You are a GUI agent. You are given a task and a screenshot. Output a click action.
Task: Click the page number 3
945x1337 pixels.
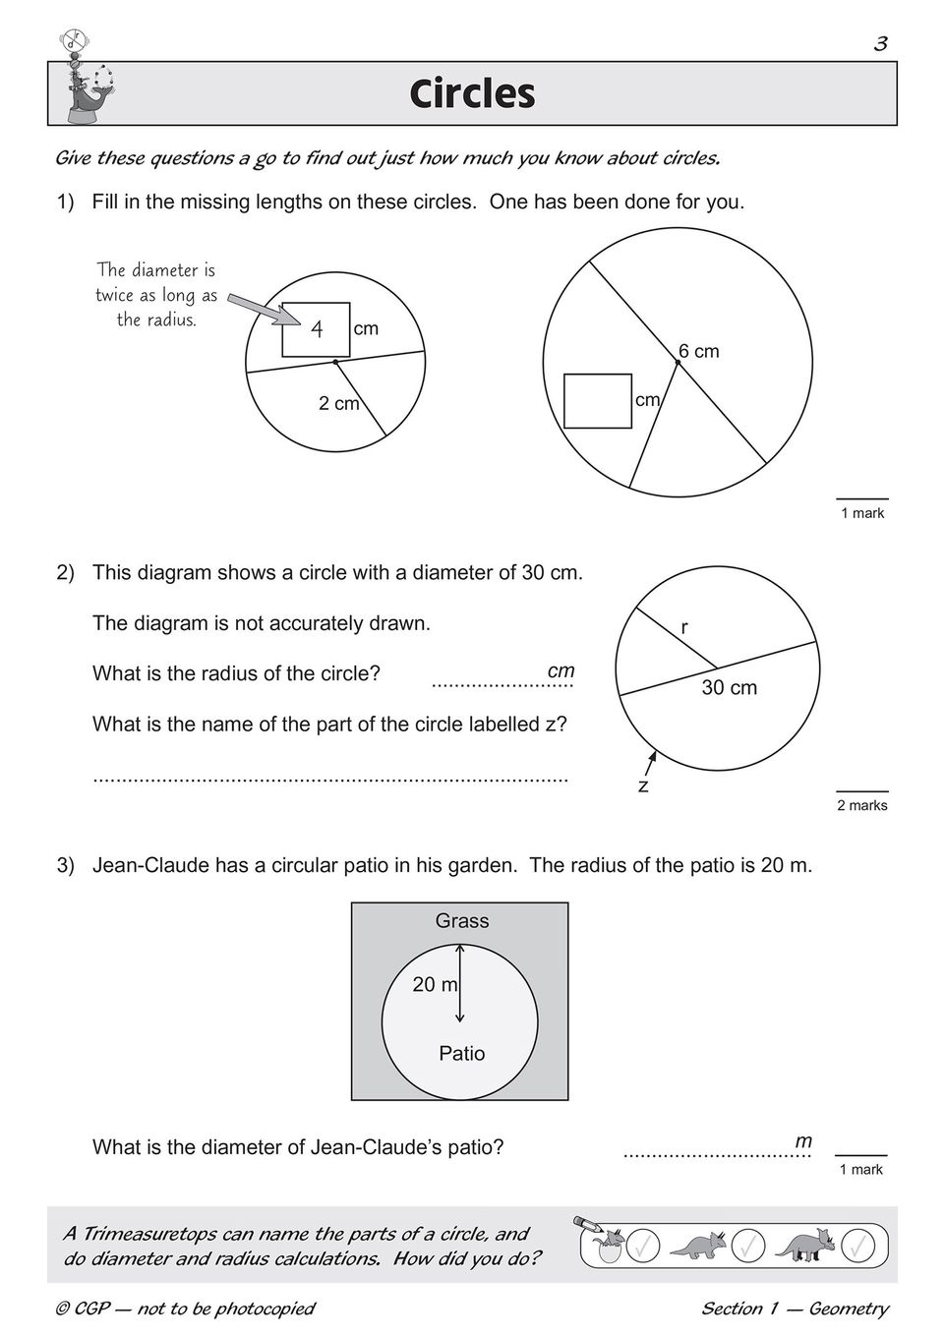[x=880, y=44]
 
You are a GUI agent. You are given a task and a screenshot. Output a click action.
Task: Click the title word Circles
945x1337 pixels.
[x=472, y=94]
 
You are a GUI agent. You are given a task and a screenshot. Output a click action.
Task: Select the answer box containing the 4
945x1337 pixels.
[x=316, y=329]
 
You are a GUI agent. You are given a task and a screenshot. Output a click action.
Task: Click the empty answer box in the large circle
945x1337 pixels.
[x=598, y=401]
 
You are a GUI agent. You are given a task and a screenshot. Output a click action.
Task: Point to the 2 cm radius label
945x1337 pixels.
[x=338, y=404]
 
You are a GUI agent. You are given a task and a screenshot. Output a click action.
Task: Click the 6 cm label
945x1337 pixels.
[x=699, y=351]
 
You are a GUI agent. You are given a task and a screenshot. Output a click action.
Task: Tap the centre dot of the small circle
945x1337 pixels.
[x=335, y=363]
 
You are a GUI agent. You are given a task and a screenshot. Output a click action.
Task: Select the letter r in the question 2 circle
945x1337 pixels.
[x=684, y=627]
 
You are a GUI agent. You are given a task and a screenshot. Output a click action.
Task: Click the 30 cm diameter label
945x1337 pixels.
[x=729, y=688]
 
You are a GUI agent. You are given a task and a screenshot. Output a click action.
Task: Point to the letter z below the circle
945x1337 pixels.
[x=643, y=786]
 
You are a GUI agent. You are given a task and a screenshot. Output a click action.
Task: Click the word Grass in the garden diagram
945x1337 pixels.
[x=462, y=921]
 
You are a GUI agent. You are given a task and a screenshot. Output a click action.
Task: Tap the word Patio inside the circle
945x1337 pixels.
[x=462, y=1054]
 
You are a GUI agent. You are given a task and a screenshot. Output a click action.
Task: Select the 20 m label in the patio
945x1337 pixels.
[x=435, y=984]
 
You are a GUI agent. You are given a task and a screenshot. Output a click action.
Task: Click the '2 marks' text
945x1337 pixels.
[x=861, y=806]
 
